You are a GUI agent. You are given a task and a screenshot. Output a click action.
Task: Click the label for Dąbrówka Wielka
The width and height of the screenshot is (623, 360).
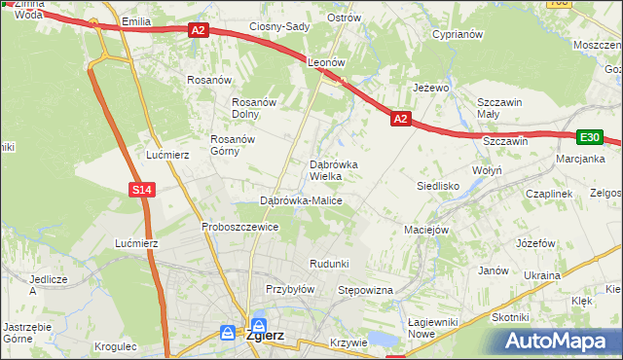coord(334,170)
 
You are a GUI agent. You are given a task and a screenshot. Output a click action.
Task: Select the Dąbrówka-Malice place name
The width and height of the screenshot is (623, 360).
coord(301,200)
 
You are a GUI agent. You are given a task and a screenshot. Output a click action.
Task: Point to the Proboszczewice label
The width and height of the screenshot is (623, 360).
coord(240,227)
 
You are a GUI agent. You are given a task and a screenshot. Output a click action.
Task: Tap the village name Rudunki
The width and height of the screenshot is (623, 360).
coord(329,264)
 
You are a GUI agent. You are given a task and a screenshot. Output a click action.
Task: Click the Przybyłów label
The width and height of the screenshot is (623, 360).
coord(290,289)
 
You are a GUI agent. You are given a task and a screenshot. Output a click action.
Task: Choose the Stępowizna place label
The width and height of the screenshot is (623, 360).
coord(364,290)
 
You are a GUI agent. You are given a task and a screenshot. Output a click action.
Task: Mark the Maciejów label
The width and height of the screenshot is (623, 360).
coord(425,230)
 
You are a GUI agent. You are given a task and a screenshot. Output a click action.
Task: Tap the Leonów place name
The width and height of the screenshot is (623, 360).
coord(327,61)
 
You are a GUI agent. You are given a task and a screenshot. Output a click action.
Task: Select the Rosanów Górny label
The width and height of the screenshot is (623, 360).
coord(233,144)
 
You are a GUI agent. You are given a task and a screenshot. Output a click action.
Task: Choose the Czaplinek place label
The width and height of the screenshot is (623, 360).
coord(549,194)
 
